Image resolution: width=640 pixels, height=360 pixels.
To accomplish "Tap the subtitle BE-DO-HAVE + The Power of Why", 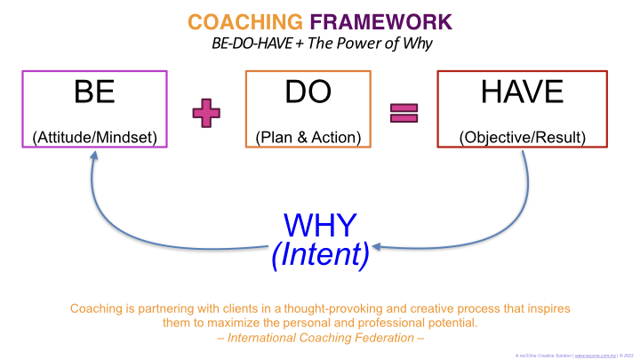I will [319, 42].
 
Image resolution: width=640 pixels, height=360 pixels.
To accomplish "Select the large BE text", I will [94, 92].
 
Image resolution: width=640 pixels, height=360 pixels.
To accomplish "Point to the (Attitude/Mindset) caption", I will [94, 137].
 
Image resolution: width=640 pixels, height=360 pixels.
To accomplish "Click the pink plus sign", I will [206, 113].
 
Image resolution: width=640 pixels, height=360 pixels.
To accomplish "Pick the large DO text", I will [308, 92].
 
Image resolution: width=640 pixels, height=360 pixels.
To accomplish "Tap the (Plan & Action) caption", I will [308, 137].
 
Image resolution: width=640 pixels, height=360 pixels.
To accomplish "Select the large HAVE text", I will [522, 92].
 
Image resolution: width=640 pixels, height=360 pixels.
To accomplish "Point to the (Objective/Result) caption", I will [522, 137].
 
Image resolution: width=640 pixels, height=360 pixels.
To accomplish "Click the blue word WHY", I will [319, 226].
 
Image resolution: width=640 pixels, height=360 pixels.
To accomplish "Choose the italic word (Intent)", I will [319, 255].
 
